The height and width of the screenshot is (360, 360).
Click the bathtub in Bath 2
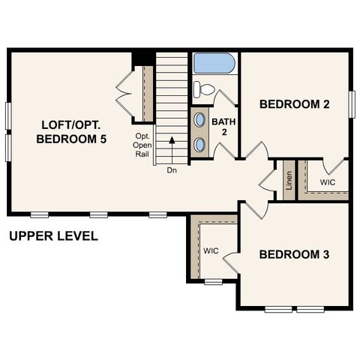pos(215,63)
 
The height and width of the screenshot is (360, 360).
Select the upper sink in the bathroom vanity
pos(200,120)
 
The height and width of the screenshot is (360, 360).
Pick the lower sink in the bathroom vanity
pos(200,144)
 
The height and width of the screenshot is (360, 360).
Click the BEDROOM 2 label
pos(295,104)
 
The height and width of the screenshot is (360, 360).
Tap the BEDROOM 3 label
pos(295,255)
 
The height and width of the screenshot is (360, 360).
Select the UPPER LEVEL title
pos(53,236)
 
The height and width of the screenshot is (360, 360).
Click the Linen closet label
pos(288,181)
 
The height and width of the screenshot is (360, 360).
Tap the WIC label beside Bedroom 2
pos(328,182)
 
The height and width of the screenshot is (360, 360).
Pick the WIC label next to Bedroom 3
pos(210,250)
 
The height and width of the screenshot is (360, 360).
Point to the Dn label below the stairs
pos(172,170)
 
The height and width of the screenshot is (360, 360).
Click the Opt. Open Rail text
pos(142,145)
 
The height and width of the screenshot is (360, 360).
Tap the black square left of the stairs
pos(142,58)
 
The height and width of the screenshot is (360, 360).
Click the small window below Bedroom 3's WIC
pos(213,282)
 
